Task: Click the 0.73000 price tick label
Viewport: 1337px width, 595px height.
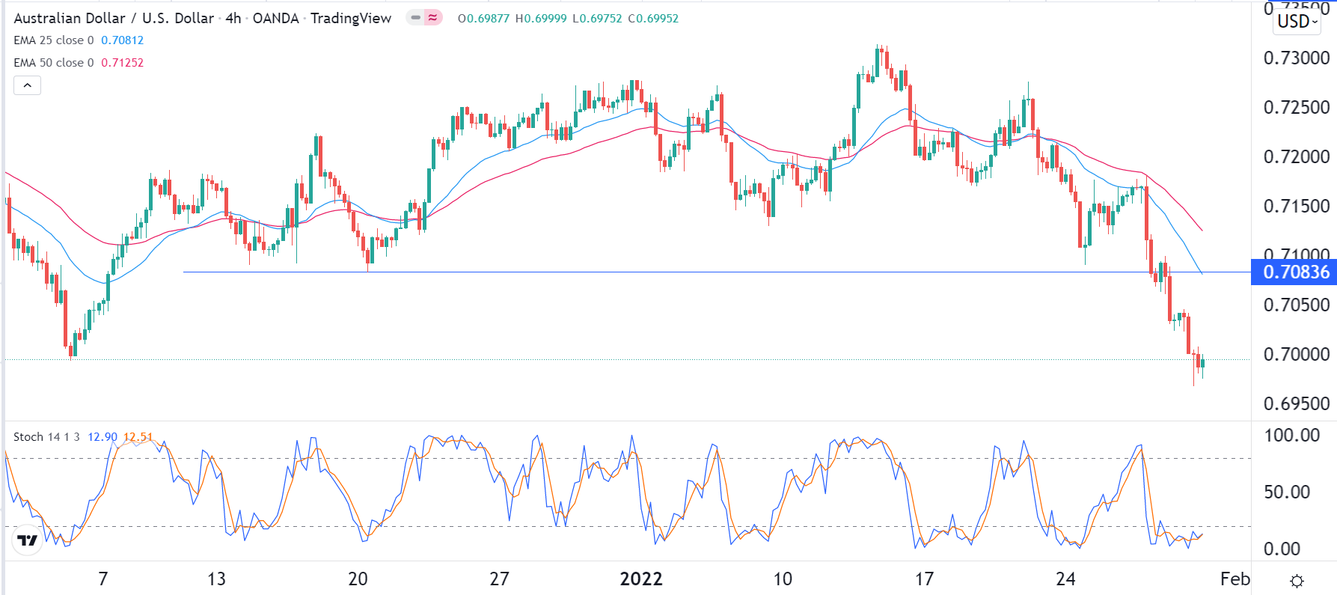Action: tap(1296, 58)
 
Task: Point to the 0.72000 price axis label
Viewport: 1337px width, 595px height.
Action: tap(1296, 157)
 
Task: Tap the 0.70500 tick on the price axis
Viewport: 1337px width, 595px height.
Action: tap(1296, 305)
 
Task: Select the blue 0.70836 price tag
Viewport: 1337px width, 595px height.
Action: tap(1295, 272)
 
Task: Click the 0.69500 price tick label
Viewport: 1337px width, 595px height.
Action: tap(1296, 404)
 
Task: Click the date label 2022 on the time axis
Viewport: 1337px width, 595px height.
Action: tap(641, 579)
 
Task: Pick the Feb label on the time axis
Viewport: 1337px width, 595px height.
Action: tap(1234, 579)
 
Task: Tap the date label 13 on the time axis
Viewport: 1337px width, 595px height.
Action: tap(216, 579)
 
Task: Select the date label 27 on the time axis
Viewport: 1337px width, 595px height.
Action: tap(499, 579)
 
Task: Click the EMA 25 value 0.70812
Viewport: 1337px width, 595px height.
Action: tap(122, 40)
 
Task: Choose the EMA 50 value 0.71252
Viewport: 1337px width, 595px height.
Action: tap(122, 63)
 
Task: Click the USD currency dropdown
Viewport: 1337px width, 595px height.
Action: tap(1297, 22)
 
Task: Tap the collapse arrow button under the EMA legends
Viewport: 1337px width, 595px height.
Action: tap(27, 85)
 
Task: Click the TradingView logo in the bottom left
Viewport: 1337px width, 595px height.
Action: tap(28, 540)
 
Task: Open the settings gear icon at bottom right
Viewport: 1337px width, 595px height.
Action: tap(1297, 581)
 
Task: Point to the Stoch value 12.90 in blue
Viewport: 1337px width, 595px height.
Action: tap(103, 437)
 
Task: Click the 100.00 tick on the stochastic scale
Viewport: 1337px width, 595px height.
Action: tap(1291, 436)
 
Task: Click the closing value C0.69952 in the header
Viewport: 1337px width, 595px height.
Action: tap(653, 19)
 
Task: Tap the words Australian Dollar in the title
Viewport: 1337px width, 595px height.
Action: tap(69, 19)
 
